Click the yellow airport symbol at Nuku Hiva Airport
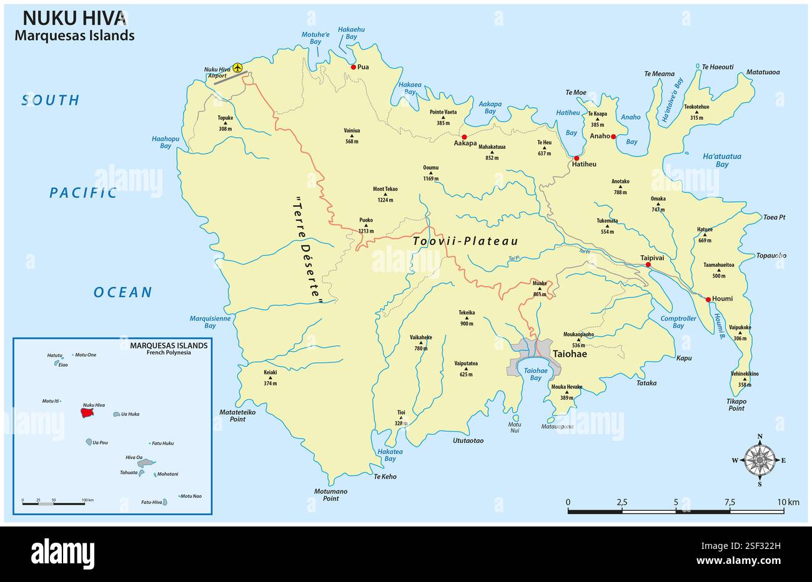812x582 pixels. click(237, 67)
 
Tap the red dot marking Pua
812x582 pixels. click(354, 67)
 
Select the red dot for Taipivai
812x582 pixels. click(648, 265)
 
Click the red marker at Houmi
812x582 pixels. click(708, 299)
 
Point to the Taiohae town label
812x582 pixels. click(570, 353)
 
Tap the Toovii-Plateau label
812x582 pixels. click(465, 241)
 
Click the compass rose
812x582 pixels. click(760, 460)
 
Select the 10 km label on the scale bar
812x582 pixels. click(788, 502)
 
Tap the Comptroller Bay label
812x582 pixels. click(678, 322)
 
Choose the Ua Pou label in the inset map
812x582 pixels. click(100, 443)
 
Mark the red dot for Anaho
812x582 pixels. click(613, 137)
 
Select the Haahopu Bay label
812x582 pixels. click(166, 142)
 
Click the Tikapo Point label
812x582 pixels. click(736, 405)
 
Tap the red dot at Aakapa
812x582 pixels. click(464, 137)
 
